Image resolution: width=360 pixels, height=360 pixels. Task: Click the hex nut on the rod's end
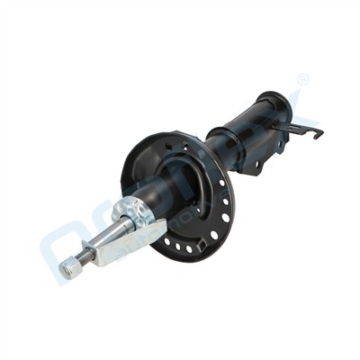click(67, 266)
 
